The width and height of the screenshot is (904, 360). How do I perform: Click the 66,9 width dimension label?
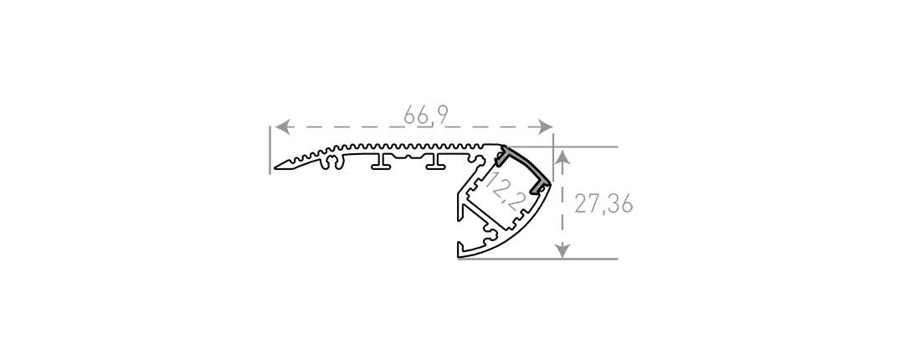click(425, 115)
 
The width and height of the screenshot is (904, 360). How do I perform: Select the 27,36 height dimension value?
click(603, 203)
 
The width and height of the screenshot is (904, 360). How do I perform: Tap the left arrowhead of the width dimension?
click(282, 127)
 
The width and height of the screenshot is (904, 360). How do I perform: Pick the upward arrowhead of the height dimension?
click(562, 157)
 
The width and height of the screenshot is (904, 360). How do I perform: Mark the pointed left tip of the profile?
click(275, 168)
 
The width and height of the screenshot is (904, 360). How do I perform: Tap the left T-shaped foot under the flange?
click(383, 162)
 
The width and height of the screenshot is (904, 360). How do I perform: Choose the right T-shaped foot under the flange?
click(437, 162)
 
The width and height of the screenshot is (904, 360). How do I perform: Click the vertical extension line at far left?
click(270, 150)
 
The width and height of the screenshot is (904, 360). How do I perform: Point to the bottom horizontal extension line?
click(537, 259)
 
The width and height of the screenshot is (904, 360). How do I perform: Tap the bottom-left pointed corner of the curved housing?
click(459, 255)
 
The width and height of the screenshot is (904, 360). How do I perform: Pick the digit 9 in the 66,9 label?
click(442, 114)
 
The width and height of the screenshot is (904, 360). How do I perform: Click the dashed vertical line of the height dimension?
click(562, 204)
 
